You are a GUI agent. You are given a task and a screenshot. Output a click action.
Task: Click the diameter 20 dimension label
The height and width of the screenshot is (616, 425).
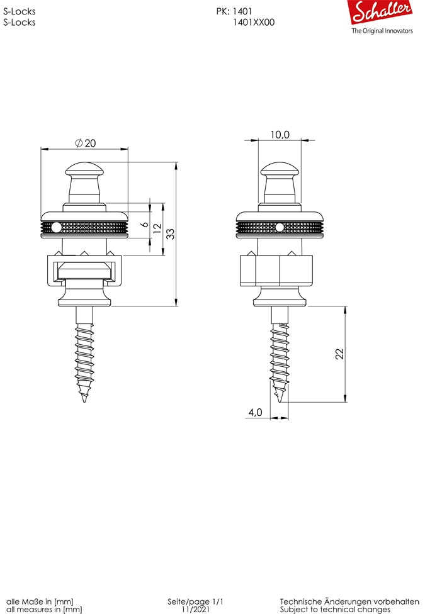click(86, 143)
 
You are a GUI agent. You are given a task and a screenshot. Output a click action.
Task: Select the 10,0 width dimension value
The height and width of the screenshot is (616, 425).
click(280, 135)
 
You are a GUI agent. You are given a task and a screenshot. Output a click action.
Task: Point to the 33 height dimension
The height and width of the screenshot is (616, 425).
click(170, 233)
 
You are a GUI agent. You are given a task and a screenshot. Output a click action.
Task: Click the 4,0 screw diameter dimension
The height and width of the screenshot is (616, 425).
click(255, 413)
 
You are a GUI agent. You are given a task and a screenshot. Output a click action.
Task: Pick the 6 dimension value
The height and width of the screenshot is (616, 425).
click(144, 224)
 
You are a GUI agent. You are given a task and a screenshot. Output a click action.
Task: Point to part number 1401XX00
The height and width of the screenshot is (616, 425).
click(254, 22)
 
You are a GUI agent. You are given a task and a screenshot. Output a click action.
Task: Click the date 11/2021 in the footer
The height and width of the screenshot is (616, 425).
click(196, 610)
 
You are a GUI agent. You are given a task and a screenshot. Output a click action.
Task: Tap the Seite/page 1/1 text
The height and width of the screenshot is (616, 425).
click(196, 602)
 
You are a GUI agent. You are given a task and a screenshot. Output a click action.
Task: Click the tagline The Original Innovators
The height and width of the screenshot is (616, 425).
click(382, 31)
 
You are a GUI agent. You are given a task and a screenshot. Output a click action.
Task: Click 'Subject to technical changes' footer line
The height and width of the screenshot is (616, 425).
click(335, 610)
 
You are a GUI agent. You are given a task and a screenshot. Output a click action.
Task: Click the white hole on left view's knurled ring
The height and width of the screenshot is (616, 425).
click(56, 227)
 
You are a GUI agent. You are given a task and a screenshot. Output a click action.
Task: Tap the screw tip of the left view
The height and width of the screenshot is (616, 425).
click(84, 398)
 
